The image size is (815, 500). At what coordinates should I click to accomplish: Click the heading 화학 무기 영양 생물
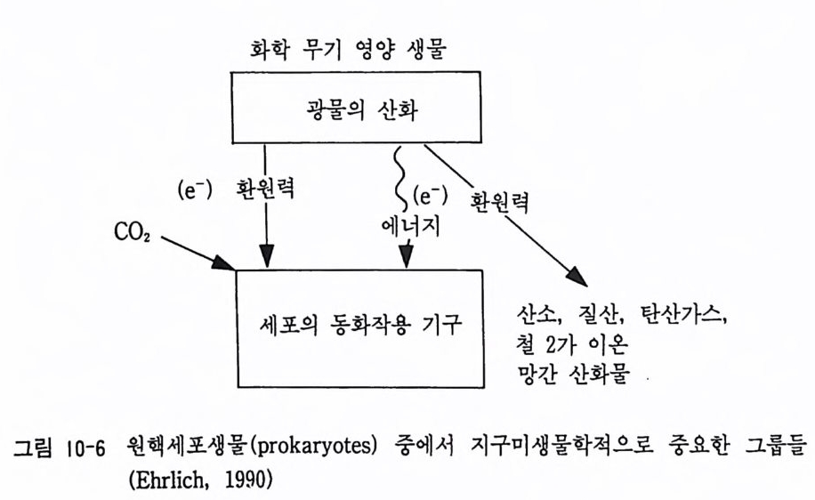click(x=348, y=52)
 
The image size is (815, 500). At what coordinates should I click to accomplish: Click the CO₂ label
click(x=132, y=232)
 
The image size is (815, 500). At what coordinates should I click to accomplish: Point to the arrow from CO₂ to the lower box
click(x=198, y=254)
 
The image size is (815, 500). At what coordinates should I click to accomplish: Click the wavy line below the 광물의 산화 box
click(x=400, y=177)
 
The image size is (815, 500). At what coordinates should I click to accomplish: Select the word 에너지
click(x=411, y=226)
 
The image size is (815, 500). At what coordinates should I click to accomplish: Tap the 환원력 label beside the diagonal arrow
click(x=499, y=202)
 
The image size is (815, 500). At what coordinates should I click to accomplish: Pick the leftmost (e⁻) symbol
click(x=194, y=191)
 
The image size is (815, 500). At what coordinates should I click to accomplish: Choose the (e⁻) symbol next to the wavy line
click(x=430, y=197)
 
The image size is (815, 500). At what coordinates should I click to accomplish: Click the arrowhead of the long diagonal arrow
click(x=577, y=277)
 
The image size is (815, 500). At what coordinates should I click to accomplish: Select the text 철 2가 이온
click(x=572, y=344)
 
